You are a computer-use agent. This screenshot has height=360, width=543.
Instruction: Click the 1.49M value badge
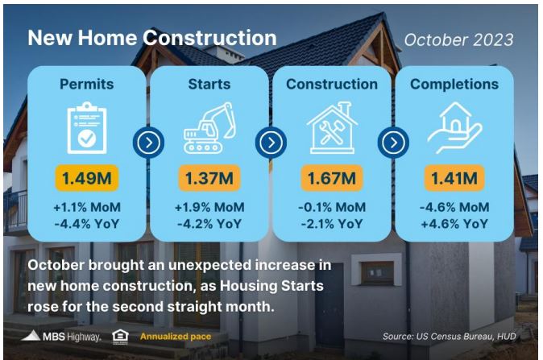tap(87, 178)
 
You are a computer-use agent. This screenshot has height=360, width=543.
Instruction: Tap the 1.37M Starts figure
tap(209, 178)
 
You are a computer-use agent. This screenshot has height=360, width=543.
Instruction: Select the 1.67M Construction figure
tap(332, 178)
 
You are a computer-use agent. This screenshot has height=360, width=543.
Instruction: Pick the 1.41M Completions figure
tap(454, 178)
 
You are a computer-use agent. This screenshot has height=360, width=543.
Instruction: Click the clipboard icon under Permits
tap(87, 128)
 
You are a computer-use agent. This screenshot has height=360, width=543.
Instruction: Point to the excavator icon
tap(209, 128)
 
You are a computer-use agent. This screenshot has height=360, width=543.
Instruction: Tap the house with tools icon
tap(332, 128)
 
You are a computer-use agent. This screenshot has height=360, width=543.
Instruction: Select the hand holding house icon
tap(454, 128)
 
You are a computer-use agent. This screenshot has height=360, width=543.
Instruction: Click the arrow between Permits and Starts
tap(148, 143)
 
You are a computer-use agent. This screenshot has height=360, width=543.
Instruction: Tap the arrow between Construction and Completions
tap(393, 143)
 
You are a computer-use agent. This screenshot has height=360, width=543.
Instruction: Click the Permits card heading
tap(86, 84)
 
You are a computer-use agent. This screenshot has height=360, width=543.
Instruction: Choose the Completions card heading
tap(454, 84)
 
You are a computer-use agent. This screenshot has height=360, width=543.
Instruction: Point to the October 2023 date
tap(458, 39)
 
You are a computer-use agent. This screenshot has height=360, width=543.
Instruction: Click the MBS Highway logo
tap(61, 336)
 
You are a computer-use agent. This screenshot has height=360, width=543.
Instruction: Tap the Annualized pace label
tap(176, 337)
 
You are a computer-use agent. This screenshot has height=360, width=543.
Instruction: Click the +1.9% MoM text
tap(209, 207)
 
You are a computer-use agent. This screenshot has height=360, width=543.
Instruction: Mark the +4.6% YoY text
tap(454, 224)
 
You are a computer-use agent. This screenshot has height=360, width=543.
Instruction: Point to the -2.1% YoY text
tap(332, 224)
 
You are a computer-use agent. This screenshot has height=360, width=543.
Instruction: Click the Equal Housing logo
tap(121, 337)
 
